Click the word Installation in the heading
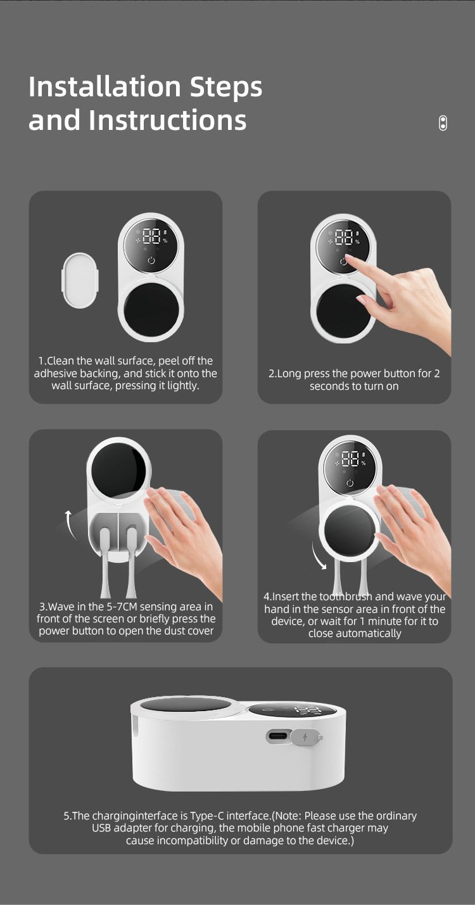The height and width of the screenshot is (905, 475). [x=104, y=86]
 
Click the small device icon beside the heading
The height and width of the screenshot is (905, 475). [x=443, y=123]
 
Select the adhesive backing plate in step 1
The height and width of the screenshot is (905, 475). [x=80, y=280]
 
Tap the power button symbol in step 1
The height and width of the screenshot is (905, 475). [x=151, y=260]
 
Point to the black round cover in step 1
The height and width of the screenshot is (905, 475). [x=151, y=308]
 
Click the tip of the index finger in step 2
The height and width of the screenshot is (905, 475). [x=347, y=257]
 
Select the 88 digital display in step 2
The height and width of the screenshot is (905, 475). [x=345, y=237]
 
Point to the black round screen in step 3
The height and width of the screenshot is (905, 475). [x=118, y=470]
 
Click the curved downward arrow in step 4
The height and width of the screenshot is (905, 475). [x=318, y=556]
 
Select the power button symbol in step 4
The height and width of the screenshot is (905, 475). [x=350, y=483]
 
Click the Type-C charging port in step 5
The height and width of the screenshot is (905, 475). [x=278, y=736]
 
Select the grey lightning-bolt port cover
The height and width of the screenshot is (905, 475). [x=306, y=737]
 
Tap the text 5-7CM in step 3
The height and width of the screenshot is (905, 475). [x=121, y=607]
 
